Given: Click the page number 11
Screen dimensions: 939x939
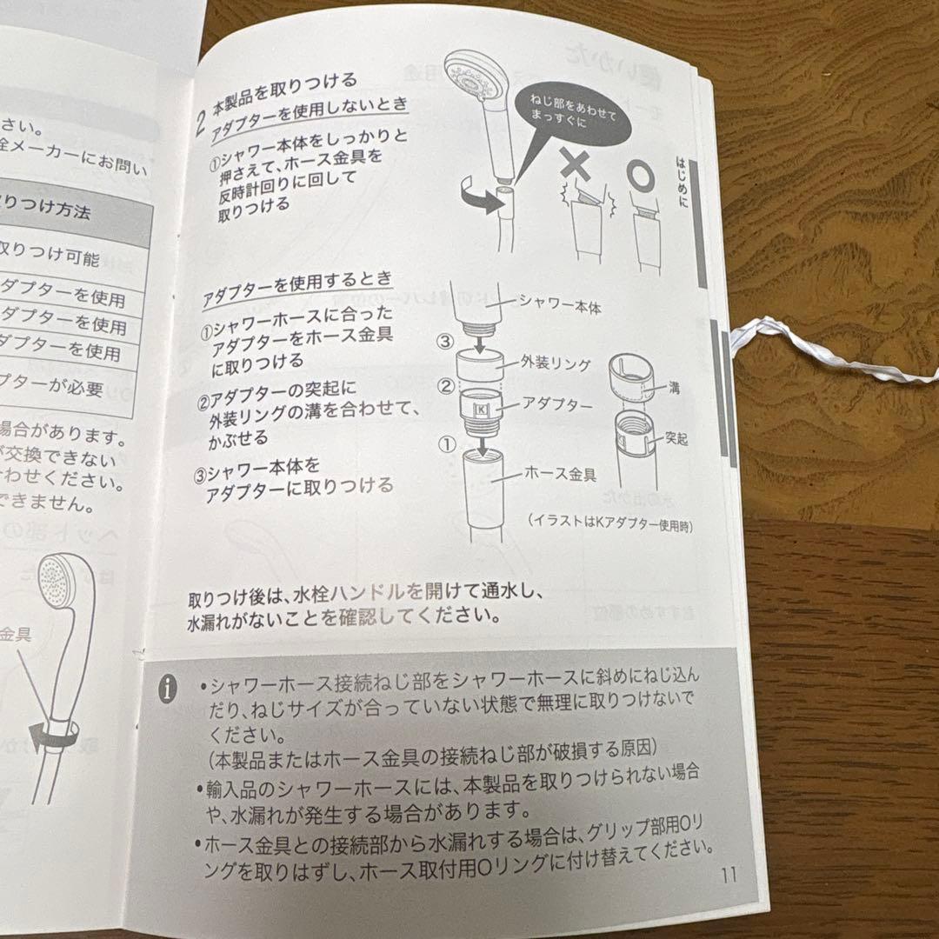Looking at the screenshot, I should [x=728, y=874].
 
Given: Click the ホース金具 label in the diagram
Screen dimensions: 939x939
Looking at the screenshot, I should [x=559, y=474].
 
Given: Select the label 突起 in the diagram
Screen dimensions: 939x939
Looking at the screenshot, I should [x=677, y=438].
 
